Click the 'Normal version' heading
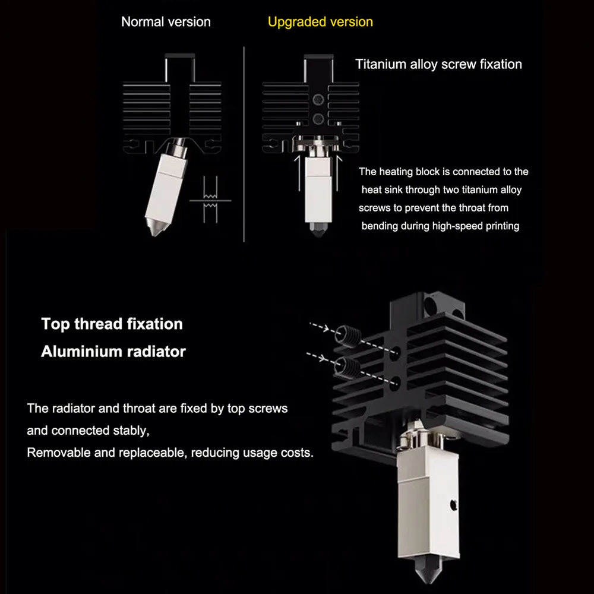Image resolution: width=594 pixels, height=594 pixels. click(x=166, y=22)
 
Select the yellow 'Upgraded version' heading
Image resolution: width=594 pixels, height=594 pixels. click(x=320, y=22)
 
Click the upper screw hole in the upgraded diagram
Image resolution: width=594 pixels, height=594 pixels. click(x=318, y=100)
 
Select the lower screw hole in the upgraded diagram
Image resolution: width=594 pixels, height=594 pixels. click(x=318, y=119)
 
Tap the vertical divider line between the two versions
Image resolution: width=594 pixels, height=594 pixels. click(x=244, y=144)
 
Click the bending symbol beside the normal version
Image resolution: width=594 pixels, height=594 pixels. click(x=210, y=200)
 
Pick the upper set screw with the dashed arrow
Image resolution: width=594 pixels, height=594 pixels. click(x=348, y=335)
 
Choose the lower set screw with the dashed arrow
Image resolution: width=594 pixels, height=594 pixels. click(x=347, y=366)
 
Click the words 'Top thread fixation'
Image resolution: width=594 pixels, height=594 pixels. click(x=112, y=324)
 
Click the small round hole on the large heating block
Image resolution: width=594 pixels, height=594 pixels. click(x=453, y=504)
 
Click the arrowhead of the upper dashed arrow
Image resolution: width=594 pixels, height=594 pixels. click(x=325, y=328)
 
